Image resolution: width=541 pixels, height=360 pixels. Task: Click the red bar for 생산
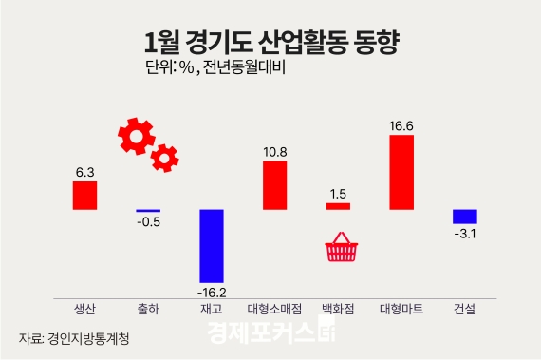[84, 195]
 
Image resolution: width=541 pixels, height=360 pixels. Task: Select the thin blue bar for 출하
[148, 210]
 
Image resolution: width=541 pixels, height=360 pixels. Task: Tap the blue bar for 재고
[211, 245]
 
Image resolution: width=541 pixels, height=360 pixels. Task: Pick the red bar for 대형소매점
[274, 184]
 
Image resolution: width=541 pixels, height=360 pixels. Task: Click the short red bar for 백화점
[338, 206]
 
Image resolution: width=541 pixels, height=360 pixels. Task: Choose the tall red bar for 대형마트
[401, 172]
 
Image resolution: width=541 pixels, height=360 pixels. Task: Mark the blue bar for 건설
[464, 216]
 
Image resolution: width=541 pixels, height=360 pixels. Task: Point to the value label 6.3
[84, 173]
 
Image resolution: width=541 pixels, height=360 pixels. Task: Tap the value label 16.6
[401, 125]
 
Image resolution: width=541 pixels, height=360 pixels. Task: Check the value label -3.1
[464, 234]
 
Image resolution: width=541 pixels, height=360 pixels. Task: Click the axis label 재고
[211, 309]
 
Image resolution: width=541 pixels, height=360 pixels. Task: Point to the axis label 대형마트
[401, 309]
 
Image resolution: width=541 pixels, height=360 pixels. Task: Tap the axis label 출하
[148, 309]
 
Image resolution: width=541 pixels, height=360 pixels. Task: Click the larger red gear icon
[137, 136]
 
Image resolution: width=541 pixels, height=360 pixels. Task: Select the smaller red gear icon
[165, 157]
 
